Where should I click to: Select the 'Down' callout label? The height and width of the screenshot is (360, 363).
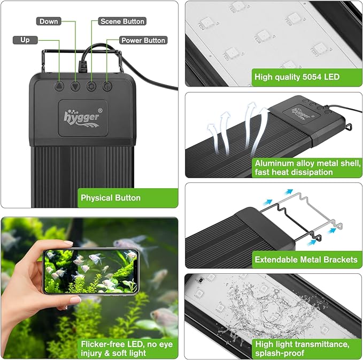pyautogui.click(x=49, y=21)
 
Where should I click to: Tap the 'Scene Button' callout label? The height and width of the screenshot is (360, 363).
pyautogui.click(x=122, y=21)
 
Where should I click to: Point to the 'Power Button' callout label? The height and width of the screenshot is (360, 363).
pyautogui.click(x=143, y=40)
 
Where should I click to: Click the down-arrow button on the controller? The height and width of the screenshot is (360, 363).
pyautogui.click(x=75, y=85)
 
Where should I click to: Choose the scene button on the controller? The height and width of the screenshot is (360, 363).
pyautogui.click(x=91, y=85)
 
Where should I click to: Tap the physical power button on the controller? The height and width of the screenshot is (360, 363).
pyautogui.click(x=107, y=85)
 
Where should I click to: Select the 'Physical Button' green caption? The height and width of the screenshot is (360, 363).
pyautogui.click(x=110, y=198)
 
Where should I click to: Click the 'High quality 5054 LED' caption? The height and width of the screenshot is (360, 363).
pyautogui.click(x=297, y=77)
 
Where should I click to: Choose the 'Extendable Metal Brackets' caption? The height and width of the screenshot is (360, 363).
pyautogui.click(x=306, y=259)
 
